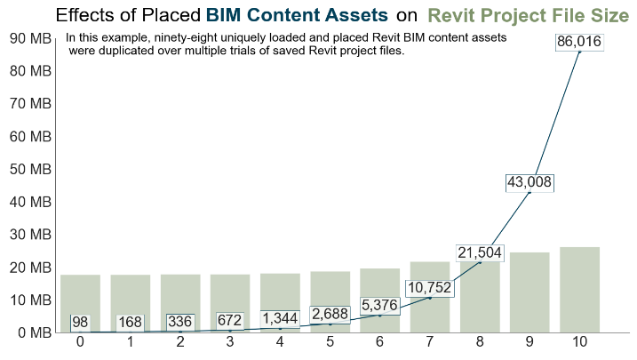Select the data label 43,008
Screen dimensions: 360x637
tap(530, 182)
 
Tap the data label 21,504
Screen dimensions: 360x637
tap(480, 253)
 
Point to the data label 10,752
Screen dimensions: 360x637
tap(429, 288)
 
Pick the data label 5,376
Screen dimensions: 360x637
tap(379, 306)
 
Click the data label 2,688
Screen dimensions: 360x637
tap(330, 314)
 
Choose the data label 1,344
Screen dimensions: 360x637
tap(281, 318)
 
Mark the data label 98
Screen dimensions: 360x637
tap(80, 322)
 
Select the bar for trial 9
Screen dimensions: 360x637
tap(530, 292)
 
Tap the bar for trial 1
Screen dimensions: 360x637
tap(130, 303)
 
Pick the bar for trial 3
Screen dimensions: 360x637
tap(230, 303)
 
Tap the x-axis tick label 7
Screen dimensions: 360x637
tap(429, 342)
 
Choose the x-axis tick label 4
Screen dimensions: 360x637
tap(280, 342)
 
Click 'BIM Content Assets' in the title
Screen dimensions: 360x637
tap(297, 15)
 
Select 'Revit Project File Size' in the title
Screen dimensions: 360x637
tap(528, 15)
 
